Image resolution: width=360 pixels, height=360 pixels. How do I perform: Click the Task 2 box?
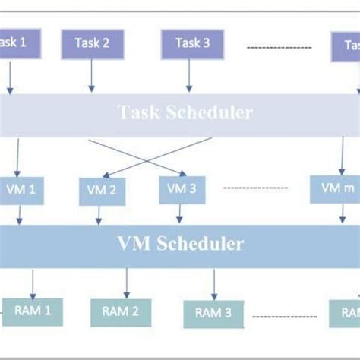coord(92,43)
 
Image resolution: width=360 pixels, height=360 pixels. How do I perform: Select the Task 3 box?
coord(192,43)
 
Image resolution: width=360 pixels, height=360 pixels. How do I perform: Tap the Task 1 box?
coord(14,43)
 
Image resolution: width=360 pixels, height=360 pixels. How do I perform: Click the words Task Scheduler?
coord(185,113)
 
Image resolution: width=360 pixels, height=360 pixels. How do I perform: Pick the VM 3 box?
coord(182,189)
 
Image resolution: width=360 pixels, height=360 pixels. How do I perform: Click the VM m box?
coord(335,188)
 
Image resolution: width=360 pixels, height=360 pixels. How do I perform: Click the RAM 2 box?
coord(120,311)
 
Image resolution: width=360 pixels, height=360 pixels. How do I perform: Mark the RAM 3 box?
coord(213,313)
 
